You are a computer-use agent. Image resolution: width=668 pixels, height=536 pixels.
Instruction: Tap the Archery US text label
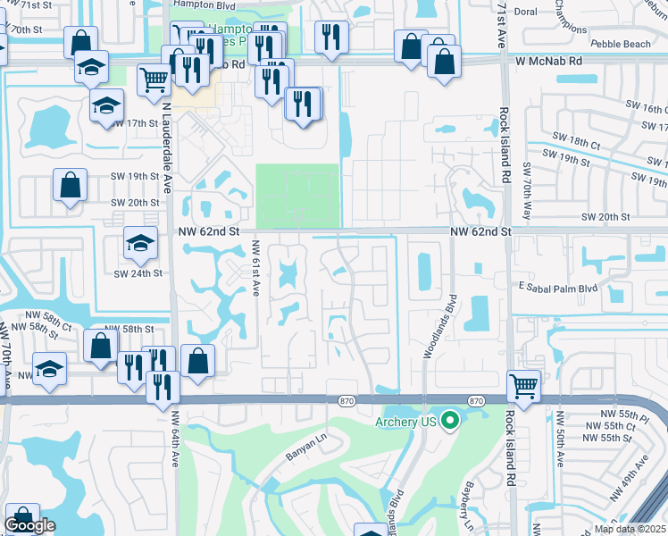(406, 422)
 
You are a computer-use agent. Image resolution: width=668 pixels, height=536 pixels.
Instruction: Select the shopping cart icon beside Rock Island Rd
(523, 386)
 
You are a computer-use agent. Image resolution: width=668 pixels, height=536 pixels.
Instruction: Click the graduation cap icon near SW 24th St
(139, 243)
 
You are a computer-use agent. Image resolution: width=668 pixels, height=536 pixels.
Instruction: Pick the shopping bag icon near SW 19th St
(70, 186)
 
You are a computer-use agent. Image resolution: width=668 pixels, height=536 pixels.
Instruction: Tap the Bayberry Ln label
(463, 507)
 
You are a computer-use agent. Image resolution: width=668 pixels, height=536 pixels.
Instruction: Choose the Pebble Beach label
(622, 44)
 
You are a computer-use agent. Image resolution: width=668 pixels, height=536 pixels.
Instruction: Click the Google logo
(29, 525)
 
